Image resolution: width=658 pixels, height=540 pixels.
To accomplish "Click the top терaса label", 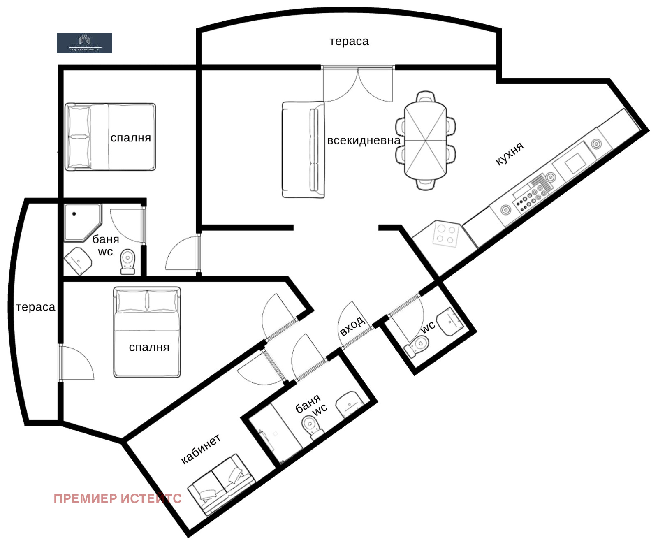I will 349,42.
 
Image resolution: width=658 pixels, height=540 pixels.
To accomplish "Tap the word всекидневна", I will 363,141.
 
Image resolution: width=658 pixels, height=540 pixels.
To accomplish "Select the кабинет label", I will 201,449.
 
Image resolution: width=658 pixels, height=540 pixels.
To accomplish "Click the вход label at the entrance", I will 352,326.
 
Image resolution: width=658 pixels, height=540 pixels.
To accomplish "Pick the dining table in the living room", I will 425,140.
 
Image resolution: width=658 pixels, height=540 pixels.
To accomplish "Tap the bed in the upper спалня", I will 110,137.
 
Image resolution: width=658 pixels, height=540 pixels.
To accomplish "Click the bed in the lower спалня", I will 147,332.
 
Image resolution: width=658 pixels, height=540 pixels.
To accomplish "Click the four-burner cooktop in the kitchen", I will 446,235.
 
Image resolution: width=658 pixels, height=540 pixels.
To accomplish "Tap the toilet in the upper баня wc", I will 128,262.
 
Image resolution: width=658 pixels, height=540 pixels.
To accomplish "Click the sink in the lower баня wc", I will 349,404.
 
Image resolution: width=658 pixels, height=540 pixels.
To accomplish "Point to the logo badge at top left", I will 84,43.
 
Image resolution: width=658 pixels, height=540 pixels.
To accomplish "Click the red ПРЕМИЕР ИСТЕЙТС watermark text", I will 118,498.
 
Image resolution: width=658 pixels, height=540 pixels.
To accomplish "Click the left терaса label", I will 35,307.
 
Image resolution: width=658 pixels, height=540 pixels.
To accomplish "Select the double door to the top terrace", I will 358,84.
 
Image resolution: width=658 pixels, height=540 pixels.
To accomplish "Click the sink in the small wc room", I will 450,321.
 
